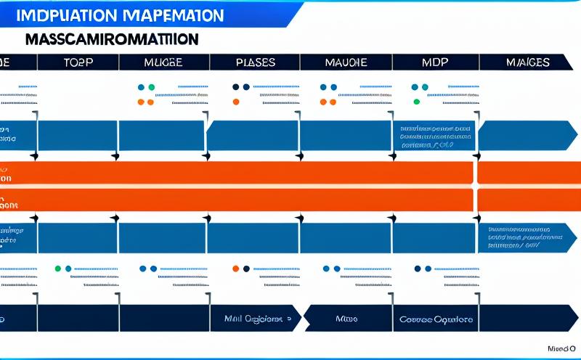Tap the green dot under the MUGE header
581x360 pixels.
(x=151, y=87)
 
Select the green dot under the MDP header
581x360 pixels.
(x=416, y=102)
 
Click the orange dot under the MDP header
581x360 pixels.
(x=416, y=87)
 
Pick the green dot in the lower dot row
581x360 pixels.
(x=58, y=268)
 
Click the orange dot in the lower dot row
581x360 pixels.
(x=235, y=268)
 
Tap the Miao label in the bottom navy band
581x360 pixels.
(x=347, y=319)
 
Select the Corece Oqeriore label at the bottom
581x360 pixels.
(x=436, y=319)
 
